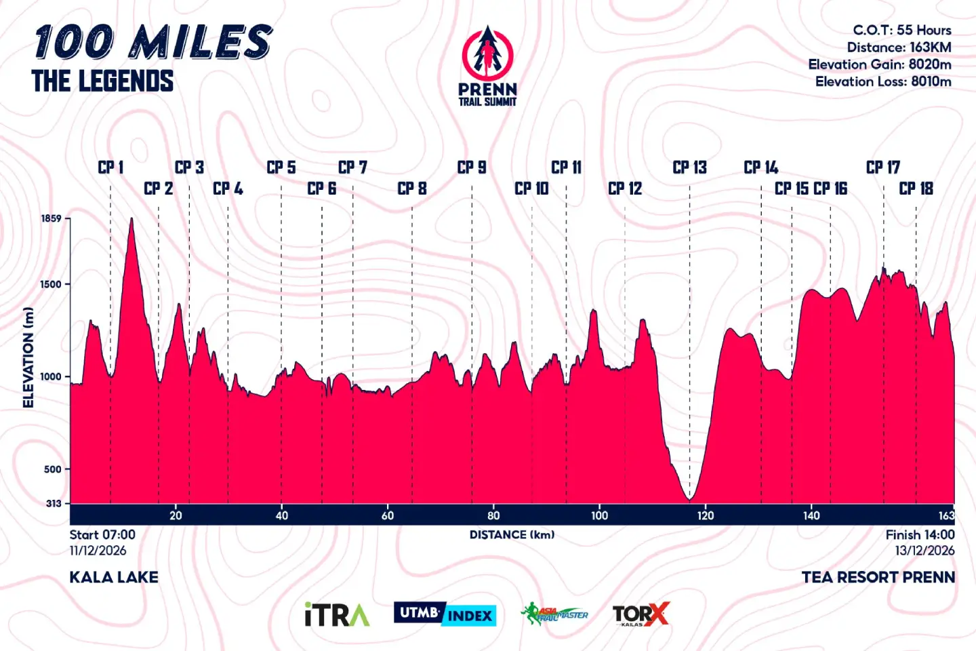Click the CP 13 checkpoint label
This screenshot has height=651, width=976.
tap(689, 167)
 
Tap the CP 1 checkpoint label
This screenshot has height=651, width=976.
tap(110, 167)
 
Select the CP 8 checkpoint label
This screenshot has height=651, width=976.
tap(412, 189)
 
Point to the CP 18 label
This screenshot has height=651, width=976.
tap(916, 189)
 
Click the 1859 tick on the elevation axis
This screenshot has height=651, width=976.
tap(52, 218)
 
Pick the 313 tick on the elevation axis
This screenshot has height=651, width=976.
tap(54, 503)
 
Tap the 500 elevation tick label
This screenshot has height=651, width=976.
tap(53, 469)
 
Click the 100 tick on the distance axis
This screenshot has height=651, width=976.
tap(599, 515)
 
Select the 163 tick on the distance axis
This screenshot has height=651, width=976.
tap(946, 515)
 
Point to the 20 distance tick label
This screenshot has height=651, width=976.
tap(176, 515)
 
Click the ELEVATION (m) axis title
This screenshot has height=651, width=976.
tap(28, 357)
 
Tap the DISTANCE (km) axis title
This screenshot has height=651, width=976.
tap(512, 534)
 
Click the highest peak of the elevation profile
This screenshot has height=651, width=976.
tap(131, 219)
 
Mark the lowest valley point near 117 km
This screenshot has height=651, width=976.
tap(690, 499)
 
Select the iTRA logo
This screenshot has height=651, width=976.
tap(337, 614)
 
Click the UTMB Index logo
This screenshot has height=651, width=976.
tap(445, 614)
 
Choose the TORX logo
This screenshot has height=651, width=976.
tap(640, 614)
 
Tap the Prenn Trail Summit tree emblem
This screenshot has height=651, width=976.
tap(487, 52)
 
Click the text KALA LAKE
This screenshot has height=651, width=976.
tap(114, 577)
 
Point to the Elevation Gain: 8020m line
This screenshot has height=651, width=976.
tap(879, 64)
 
